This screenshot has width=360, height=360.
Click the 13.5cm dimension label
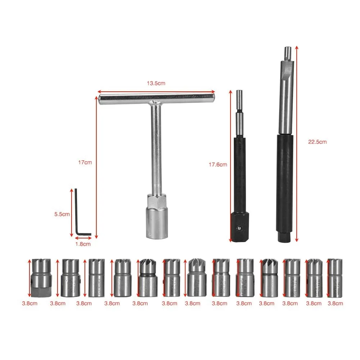click(x=156, y=83)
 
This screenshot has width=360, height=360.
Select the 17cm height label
click(x=85, y=162)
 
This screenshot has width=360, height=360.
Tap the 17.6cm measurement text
click(x=218, y=165)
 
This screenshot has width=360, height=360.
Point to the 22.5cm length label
click(x=318, y=142)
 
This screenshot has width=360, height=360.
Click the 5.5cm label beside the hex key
click(x=61, y=214)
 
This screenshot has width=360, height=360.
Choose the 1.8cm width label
click(x=83, y=244)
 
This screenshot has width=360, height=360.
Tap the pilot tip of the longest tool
click(x=287, y=52)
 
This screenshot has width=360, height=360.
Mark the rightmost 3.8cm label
click(x=335, y=304)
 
